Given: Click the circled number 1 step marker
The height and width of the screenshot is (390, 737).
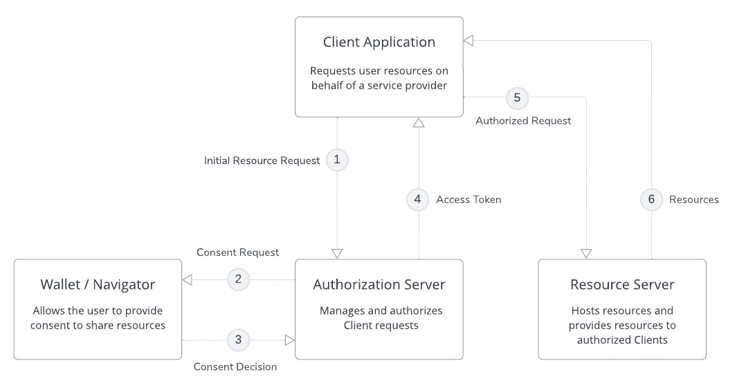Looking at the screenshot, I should click(x=337, y=160).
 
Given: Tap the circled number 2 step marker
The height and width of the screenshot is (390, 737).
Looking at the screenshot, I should click(x=238, y=280).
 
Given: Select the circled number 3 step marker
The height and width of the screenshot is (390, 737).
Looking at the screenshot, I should click(x=238, y=340).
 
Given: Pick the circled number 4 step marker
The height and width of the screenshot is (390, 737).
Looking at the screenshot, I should click(x=417, y=199).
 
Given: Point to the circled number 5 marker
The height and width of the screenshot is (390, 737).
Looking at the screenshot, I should click(x=518, y=98).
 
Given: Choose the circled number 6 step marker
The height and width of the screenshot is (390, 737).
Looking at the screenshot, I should click(x=651, y=199).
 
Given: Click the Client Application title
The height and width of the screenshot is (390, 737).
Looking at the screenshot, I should click(x=379, y=42).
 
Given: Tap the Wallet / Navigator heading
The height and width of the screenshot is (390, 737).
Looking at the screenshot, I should click(x=98, y=284).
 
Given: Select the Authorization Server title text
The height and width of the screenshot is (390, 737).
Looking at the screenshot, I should click(x=379, y=284).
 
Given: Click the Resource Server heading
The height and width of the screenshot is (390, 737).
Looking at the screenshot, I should click(x=622, y=284).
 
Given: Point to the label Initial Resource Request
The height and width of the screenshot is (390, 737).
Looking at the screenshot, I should click(x=262, y=160).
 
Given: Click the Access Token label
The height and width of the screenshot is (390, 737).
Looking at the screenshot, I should click(x=468, y=199).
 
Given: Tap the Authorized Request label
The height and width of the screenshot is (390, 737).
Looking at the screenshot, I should click(x=523, y=120).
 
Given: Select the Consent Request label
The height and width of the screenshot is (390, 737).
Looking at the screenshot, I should click(x=237, y=252).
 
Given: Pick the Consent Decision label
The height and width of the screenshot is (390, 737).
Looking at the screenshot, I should click(x=235, y=366).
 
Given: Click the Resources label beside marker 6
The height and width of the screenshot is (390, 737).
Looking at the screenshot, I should click(x=693, y=199).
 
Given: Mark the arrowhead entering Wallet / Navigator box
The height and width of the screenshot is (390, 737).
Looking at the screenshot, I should click(x=187, y=280).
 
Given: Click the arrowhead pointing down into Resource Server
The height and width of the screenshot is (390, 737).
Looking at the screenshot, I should click(x=587, y=253).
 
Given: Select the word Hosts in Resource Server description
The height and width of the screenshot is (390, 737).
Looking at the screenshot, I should click(x=586, y=311).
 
